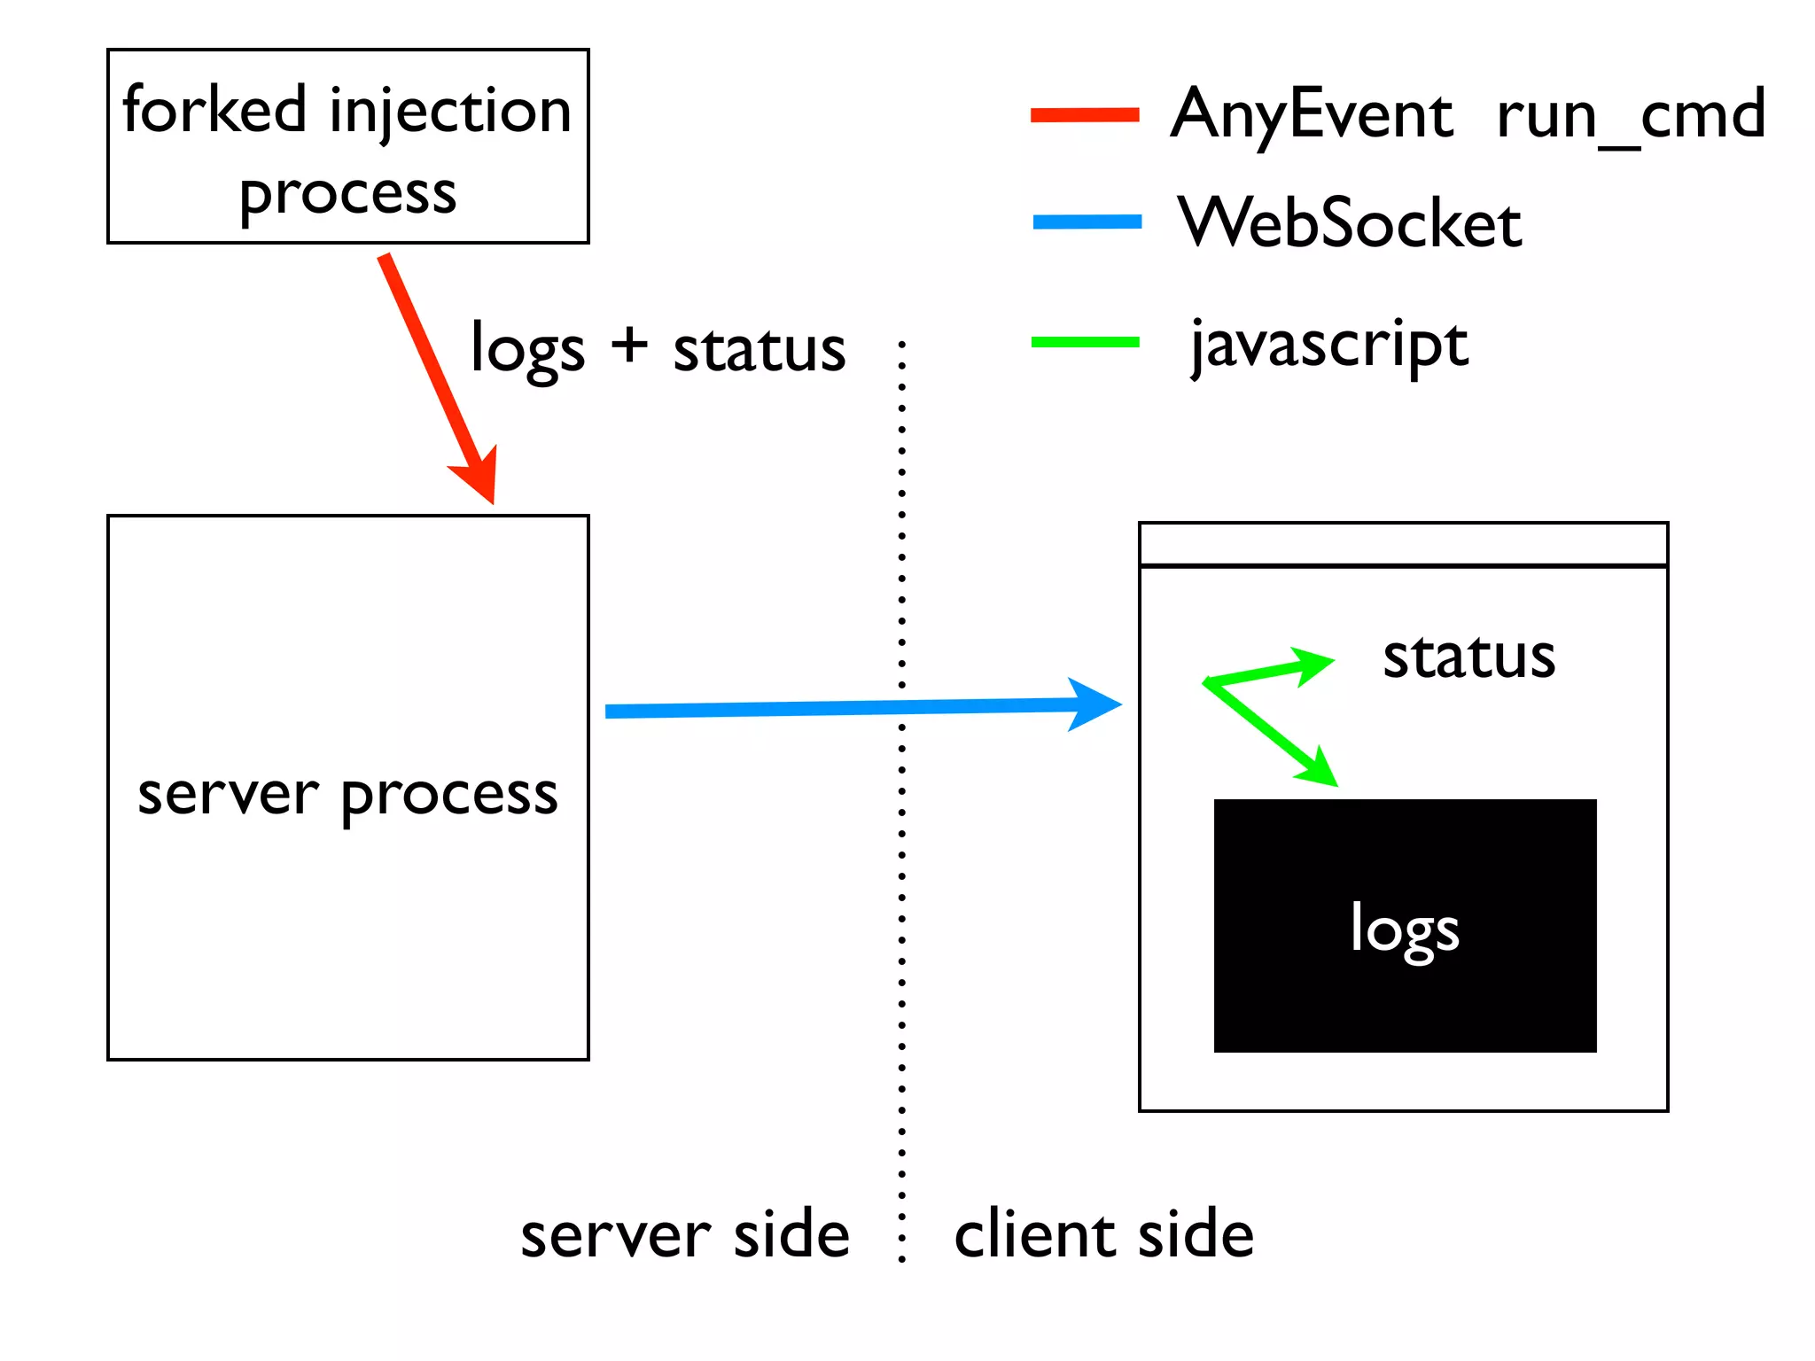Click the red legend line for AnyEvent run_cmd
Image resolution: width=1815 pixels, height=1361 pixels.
1085,114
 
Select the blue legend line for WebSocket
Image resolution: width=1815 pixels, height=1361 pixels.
1087,222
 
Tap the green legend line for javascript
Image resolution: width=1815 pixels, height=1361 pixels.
1085,342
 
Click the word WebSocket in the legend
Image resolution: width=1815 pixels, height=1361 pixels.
1349,222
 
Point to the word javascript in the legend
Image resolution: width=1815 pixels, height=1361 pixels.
1328,346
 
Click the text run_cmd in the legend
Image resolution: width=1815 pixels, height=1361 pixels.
1631,115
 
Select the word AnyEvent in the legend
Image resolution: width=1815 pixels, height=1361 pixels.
1312,115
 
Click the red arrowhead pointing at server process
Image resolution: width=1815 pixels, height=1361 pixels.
479,478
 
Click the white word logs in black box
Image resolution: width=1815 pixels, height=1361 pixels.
1405,929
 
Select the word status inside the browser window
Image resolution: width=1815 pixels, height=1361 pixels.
1468,657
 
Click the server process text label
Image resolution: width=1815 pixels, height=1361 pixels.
347,794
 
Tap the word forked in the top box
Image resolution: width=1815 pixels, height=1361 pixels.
214,110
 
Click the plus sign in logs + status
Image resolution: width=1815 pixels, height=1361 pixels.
629,345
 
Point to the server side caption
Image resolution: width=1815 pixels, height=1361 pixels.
684,1234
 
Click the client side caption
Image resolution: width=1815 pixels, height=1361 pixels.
1103,1234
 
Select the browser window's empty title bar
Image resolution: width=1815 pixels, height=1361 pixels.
1403,544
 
